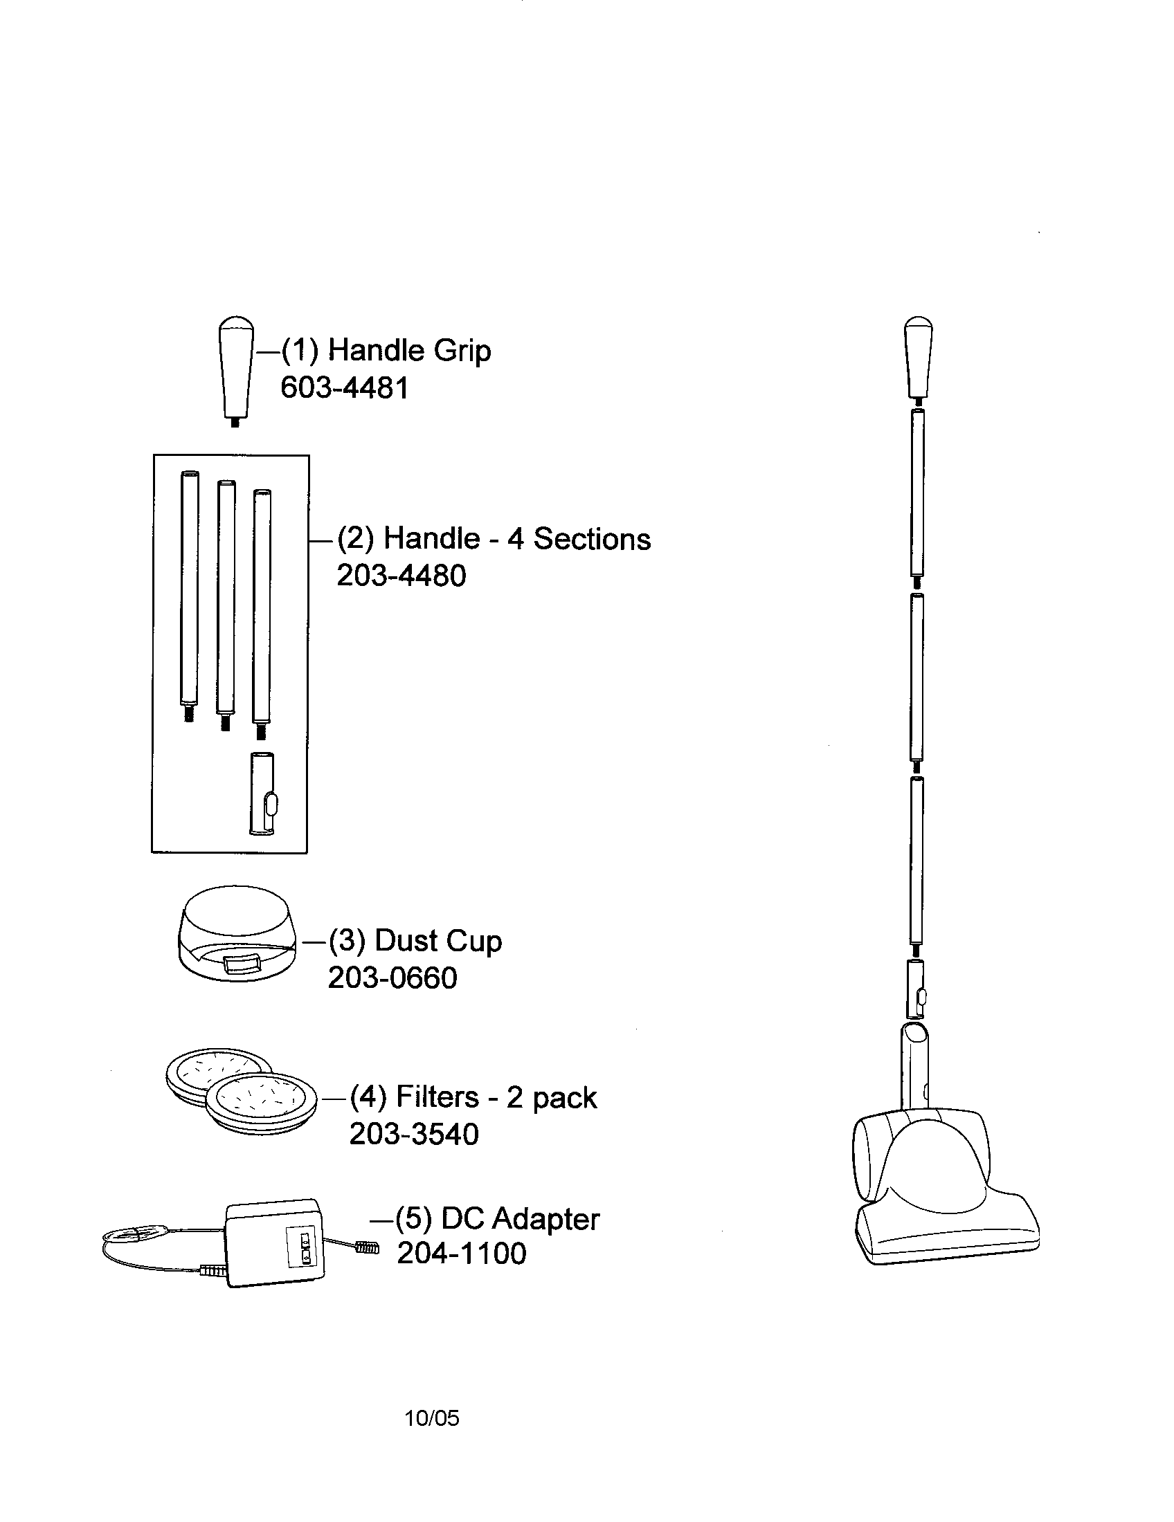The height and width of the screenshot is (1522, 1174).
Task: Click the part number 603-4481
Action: [345, 387]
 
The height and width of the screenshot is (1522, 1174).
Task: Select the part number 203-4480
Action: [401, 576]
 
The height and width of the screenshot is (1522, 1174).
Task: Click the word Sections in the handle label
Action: [592, 539]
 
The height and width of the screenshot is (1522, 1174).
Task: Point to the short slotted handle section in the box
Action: [263, 792]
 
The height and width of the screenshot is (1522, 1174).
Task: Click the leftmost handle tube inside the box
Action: [189, 596]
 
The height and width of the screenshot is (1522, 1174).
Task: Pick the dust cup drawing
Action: [237, 933]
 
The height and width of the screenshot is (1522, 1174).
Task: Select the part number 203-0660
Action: [392, 978]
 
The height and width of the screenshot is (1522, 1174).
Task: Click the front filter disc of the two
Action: [262, 1101]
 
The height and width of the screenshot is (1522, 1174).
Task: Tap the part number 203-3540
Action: [414, 1134]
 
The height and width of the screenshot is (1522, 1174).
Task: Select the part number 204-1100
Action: [462, 1253]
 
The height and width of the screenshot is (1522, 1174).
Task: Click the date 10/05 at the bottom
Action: [432, 1418]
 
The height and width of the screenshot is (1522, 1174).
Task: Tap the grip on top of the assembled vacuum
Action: [919, 360]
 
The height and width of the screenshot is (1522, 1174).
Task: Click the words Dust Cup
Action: [437, 941]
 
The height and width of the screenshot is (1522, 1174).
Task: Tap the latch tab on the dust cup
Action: [241, 964]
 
